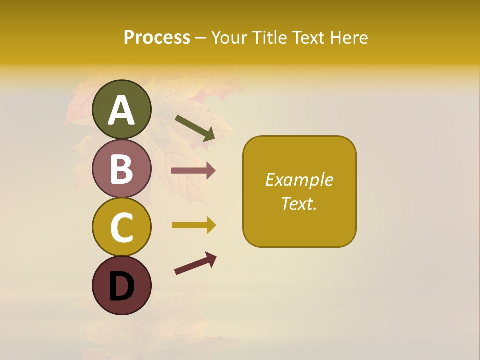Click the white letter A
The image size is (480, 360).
pyautogui.click(x=122, y=110)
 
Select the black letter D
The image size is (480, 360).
pyautogui.click(x=122, y=286)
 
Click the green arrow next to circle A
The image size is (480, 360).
pyautogui.click(x=195, y=128)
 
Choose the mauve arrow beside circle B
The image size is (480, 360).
pyautogui.click(x=193, y=171)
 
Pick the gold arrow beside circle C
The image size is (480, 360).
pyautogui.click(x=193, y=225)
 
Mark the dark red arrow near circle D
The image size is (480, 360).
pyautogui.click(x=195, y=263)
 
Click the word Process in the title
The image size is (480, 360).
pyautogui.click(x=157, y=37)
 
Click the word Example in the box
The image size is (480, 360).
pyautogui.click(x=299, y=180)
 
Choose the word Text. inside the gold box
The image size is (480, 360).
pyautogui.click(x=299, y=203)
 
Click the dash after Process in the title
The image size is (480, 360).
pyautogui.click(x=201, y=38)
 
